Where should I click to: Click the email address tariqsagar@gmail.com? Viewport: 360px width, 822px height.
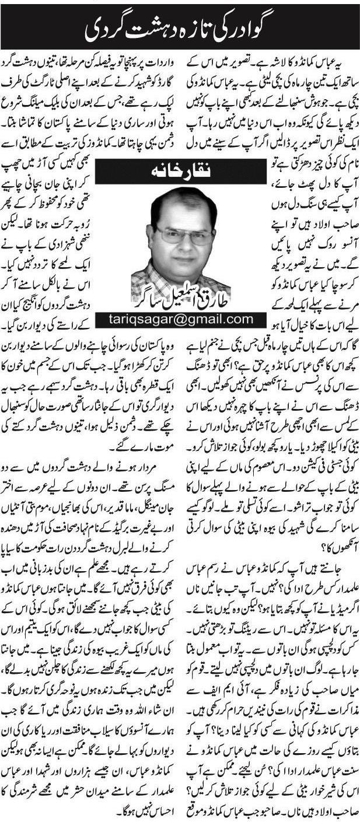click(180, 319)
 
